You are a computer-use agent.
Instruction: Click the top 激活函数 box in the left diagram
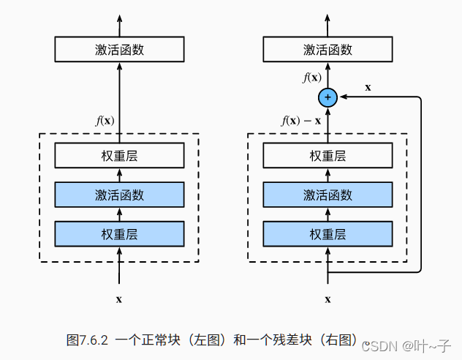point(119,50)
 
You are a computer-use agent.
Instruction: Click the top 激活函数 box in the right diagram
point(327,50)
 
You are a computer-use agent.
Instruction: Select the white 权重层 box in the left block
point(119,156)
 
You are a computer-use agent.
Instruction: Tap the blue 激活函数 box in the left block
point(119,195)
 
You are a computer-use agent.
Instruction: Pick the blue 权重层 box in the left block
point(119,234)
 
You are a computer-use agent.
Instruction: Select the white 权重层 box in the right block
point(327,156)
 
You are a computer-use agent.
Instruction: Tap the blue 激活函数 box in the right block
point(327,195)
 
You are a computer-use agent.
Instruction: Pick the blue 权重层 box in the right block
point(327,234)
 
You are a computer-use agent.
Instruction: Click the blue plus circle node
point(327,97)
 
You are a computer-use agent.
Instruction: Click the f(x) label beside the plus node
point(311,78)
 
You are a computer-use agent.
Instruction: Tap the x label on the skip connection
point(368,87)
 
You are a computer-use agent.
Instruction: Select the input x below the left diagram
point(119,299)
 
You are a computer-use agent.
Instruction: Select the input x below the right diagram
point(327,299)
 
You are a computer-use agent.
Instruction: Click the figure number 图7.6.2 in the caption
point(87,340)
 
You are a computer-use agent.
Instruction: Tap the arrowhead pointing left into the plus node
point(342,97)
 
